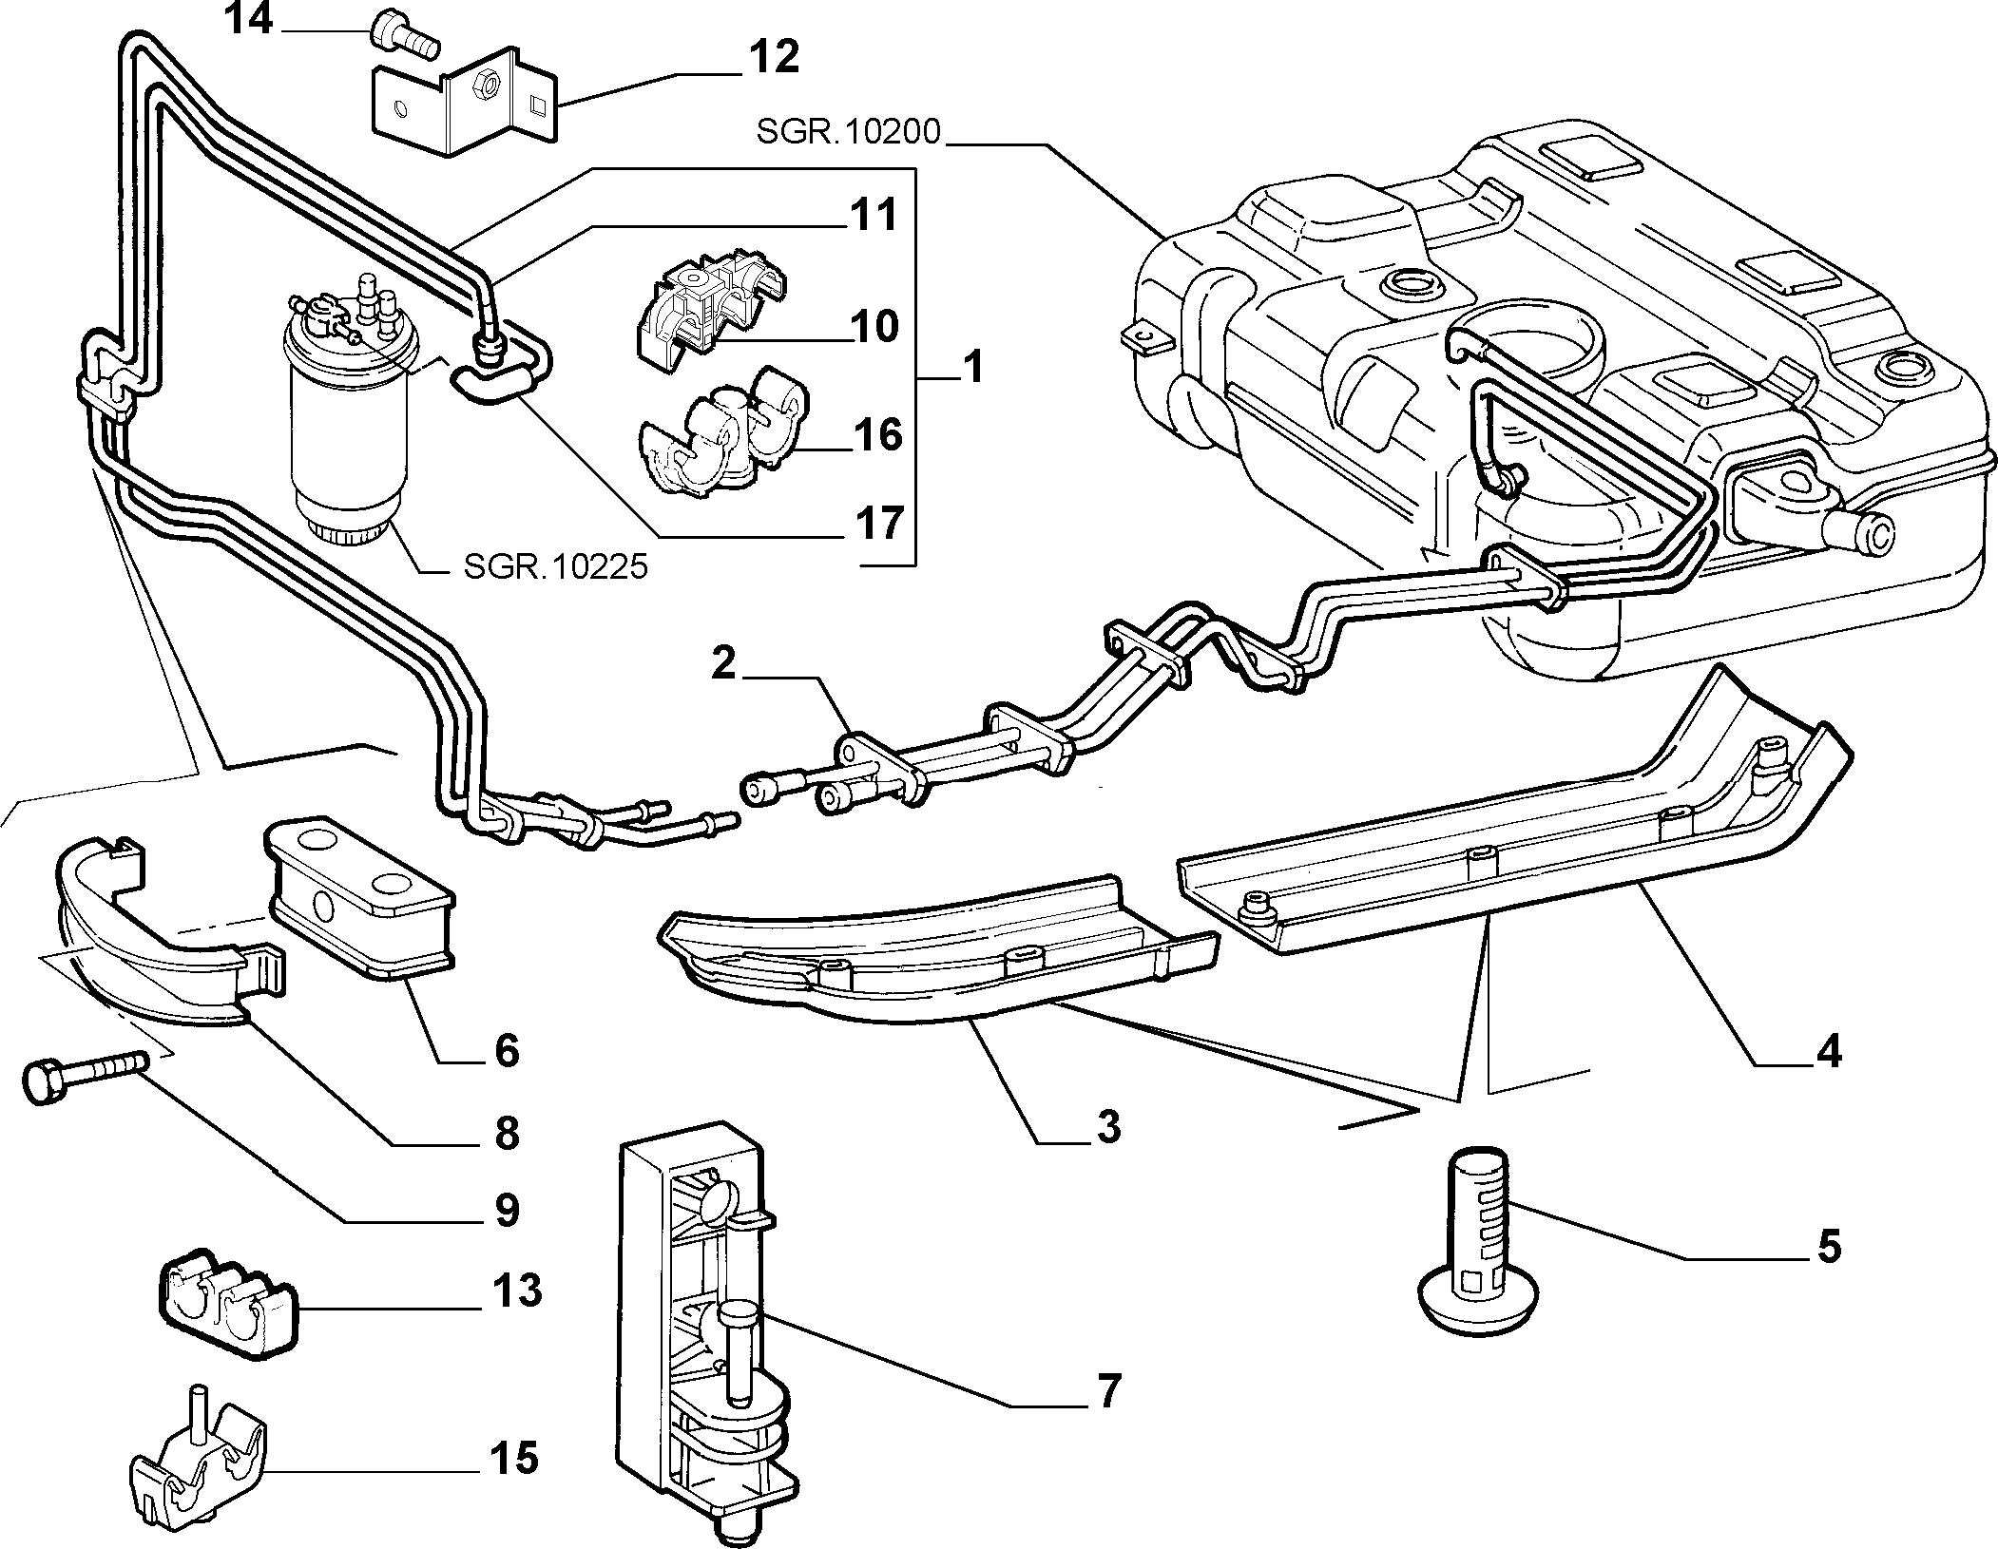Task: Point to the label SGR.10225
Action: click(x=555, y=566)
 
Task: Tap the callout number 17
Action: click(x=875, y=523)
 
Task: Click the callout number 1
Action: click(x=971, y=368)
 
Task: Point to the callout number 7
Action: click(x=1107, y=1390)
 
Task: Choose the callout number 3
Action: click(x=1106, y=1127)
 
